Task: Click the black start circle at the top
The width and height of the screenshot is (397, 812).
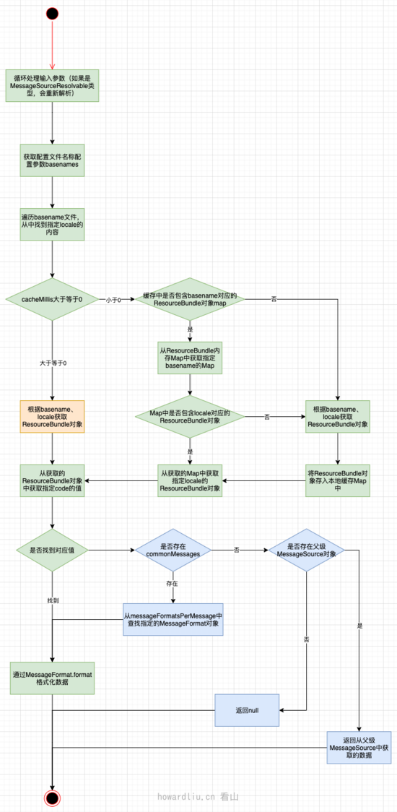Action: [52, 13]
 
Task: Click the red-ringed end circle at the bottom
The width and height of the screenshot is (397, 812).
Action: [52, 798]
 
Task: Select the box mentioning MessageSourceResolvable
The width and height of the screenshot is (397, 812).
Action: [52, 86]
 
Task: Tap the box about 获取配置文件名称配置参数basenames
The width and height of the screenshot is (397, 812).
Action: [52, 160]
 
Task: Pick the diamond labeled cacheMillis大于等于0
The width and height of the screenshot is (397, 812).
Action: [52, 299]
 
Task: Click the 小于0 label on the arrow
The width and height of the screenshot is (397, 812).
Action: [113, 299]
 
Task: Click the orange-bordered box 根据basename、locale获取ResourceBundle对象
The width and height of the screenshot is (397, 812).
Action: [52, 418]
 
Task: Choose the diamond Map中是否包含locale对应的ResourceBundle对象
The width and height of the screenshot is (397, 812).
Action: [190, 416]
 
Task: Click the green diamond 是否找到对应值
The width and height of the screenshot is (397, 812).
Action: [52, 550]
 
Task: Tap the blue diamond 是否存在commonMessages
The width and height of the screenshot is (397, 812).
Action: [172, 550]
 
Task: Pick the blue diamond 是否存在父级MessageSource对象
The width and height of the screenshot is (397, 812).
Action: [307, 550]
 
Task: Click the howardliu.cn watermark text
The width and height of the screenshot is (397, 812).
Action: [186, 796]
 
